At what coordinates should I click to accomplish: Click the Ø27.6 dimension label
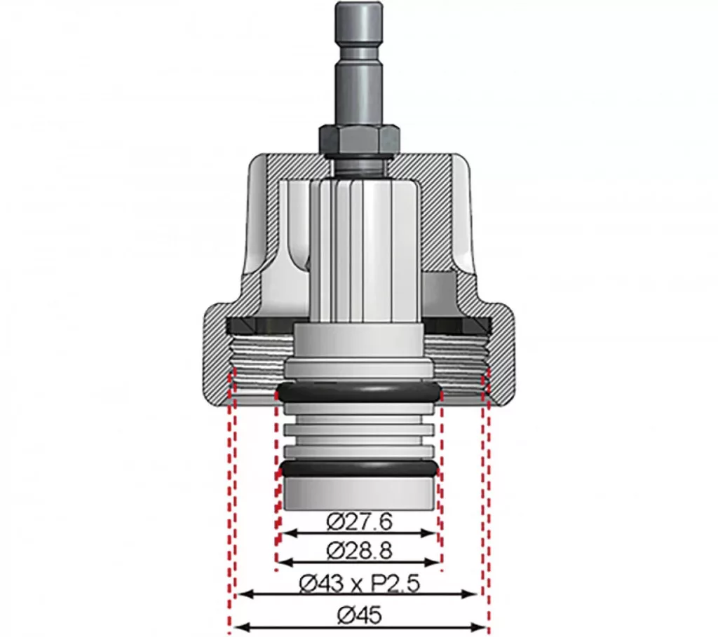(x=360, y=521)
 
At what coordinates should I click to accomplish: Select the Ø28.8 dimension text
(x=360, y=551)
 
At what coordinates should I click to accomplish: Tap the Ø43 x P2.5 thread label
(x=359, y=584)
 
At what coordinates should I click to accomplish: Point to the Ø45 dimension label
(x=359, y=615)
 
